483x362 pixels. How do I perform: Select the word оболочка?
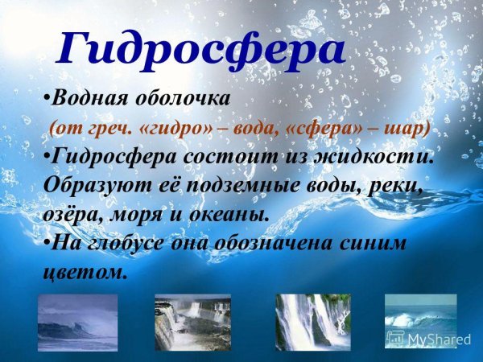click(186, 99)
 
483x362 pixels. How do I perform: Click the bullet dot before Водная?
click(46, 99)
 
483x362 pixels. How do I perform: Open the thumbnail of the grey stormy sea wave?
click(78, 322)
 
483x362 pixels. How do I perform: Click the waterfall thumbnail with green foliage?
click(192, 322)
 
